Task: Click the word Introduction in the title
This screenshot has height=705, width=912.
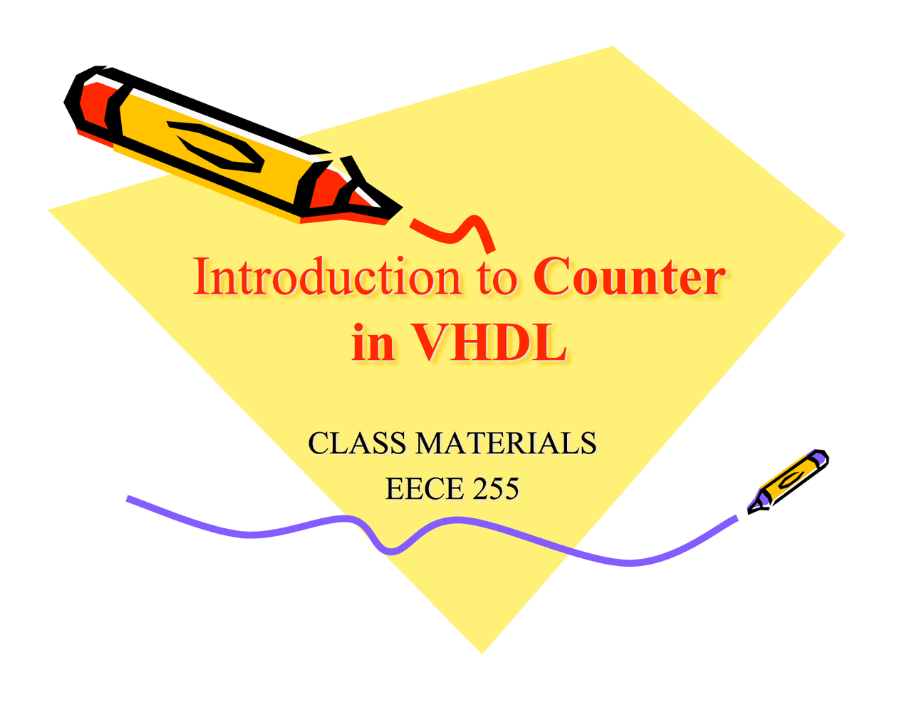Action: [327, 277]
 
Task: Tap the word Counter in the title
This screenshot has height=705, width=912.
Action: [629, 277]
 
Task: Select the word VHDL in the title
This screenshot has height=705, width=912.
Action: [489, 343]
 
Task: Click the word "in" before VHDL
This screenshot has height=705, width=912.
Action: [373, 343]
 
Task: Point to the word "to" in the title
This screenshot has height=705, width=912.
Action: [497, 279]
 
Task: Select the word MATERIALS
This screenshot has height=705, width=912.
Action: [506, 443]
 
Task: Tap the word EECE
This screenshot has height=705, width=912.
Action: [415, 489]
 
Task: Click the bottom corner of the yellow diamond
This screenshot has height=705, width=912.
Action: [482, 650]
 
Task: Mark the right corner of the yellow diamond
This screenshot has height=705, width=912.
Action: [844, 235]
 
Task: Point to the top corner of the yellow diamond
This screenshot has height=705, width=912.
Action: [612, 48]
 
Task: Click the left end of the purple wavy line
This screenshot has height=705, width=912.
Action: [129, 498]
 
